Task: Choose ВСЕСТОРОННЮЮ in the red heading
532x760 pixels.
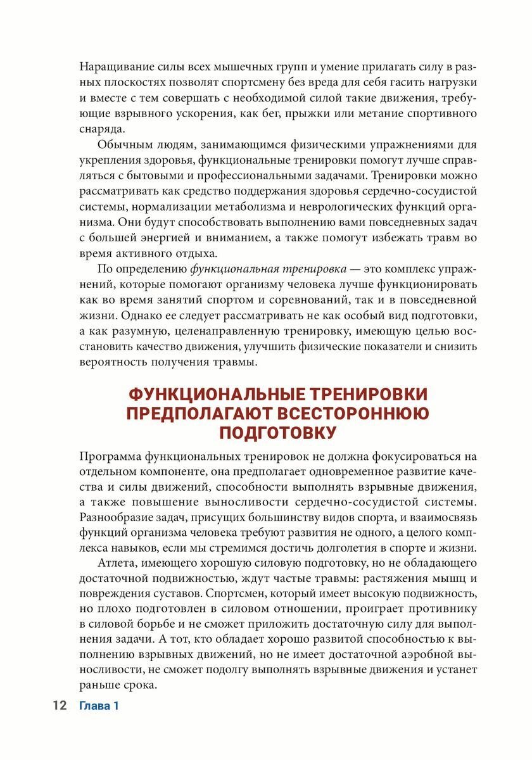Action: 358,414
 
